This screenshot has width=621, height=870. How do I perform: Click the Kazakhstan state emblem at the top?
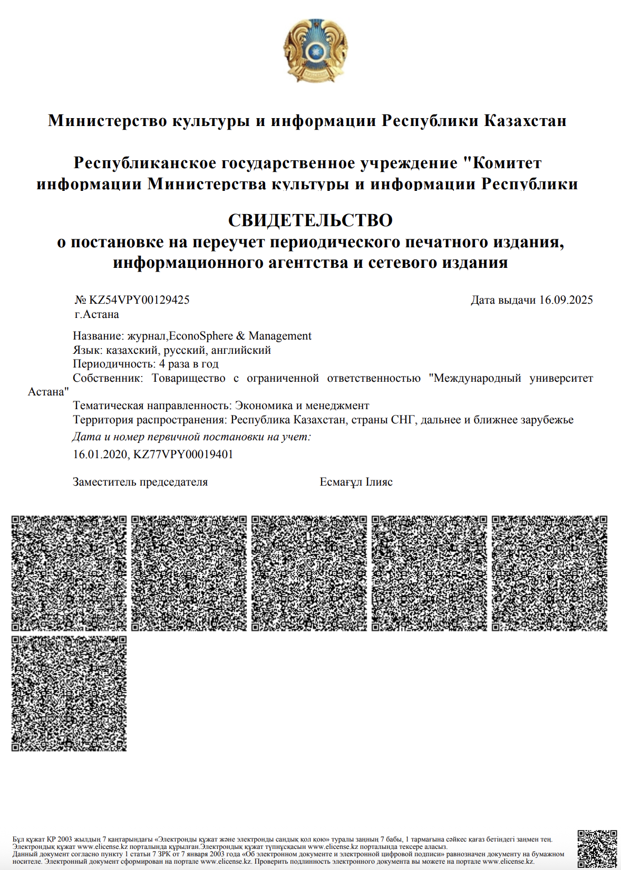point(315,51)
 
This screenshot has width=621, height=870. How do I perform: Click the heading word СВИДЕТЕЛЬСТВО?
point(310,220)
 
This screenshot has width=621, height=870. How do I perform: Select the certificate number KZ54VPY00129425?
point(139,300)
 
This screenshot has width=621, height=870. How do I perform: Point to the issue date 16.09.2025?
point(566,300)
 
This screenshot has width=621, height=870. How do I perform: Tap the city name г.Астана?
point(96,314)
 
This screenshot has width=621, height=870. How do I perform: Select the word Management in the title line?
point(280,336)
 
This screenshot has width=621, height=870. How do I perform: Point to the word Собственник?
point(107,378)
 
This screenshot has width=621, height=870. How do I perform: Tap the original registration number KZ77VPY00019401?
point(183,454)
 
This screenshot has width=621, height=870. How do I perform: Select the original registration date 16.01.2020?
point(100,454)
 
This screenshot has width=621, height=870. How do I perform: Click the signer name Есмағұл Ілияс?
point(356,482)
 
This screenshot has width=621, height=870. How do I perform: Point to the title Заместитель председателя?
point(140,482)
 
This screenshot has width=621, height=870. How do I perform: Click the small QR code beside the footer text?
point(597,849)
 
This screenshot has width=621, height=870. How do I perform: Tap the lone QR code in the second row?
point(69,693)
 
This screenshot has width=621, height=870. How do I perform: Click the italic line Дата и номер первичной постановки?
point(191,437)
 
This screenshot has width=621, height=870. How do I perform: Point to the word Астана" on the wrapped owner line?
point(48,392)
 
